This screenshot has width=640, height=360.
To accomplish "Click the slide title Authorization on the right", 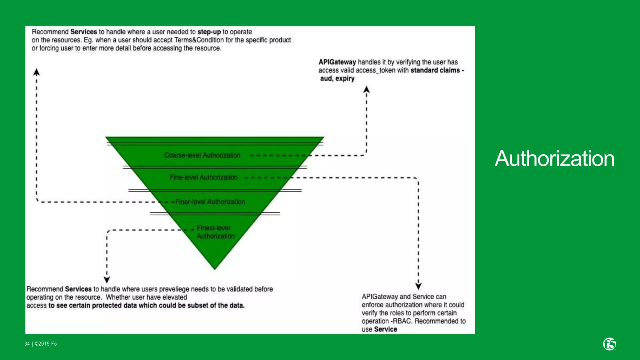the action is (554, 158).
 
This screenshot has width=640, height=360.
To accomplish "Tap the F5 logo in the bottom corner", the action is (609, 344).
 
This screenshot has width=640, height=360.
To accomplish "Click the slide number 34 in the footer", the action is (27, 344).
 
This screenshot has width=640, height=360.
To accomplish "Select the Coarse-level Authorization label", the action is (202, 155).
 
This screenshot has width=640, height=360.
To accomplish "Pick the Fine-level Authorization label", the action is (203, 177).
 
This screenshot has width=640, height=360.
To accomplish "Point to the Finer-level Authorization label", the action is (210, 202).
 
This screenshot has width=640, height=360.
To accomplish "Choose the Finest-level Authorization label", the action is (215, 232).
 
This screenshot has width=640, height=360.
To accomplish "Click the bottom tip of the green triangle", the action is (215, 268).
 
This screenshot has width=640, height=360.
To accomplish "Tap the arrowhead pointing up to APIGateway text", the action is (367, 90).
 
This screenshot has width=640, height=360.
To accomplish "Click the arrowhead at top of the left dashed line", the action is (37, 72).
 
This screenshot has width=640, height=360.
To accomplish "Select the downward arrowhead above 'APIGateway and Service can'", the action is (418, 286).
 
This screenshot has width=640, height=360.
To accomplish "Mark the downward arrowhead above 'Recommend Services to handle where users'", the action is (107, 279).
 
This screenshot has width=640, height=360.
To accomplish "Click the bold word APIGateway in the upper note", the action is (337, 62).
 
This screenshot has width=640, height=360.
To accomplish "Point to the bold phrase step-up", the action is (209, 32).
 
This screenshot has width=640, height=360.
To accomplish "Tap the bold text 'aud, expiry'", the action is (337, 78).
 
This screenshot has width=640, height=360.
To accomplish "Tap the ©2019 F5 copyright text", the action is (46, 344).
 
